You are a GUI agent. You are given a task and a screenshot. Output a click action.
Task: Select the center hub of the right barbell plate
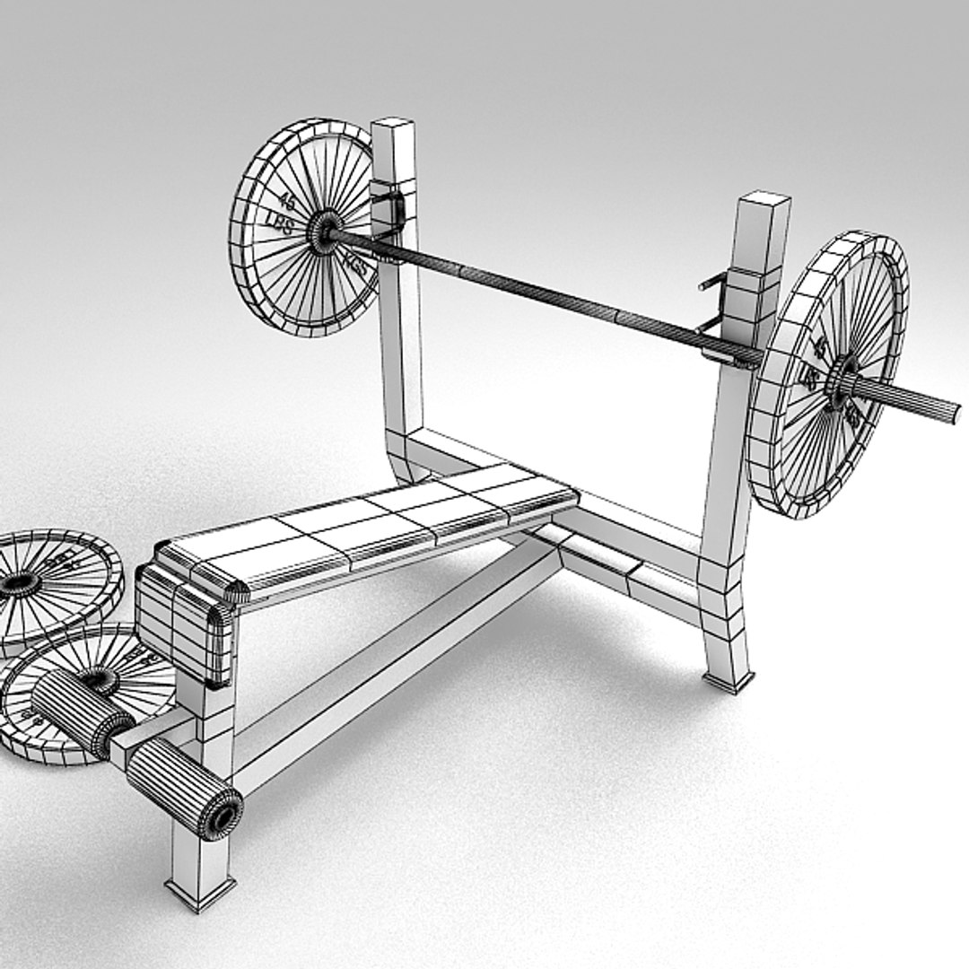pyautogui.click(x=842, y=380)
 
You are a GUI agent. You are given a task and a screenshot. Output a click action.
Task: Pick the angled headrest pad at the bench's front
pyautogui.click(x=185, y=628)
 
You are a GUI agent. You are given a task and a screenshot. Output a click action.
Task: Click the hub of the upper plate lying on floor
pyautogui.click(x=20, y=584)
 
